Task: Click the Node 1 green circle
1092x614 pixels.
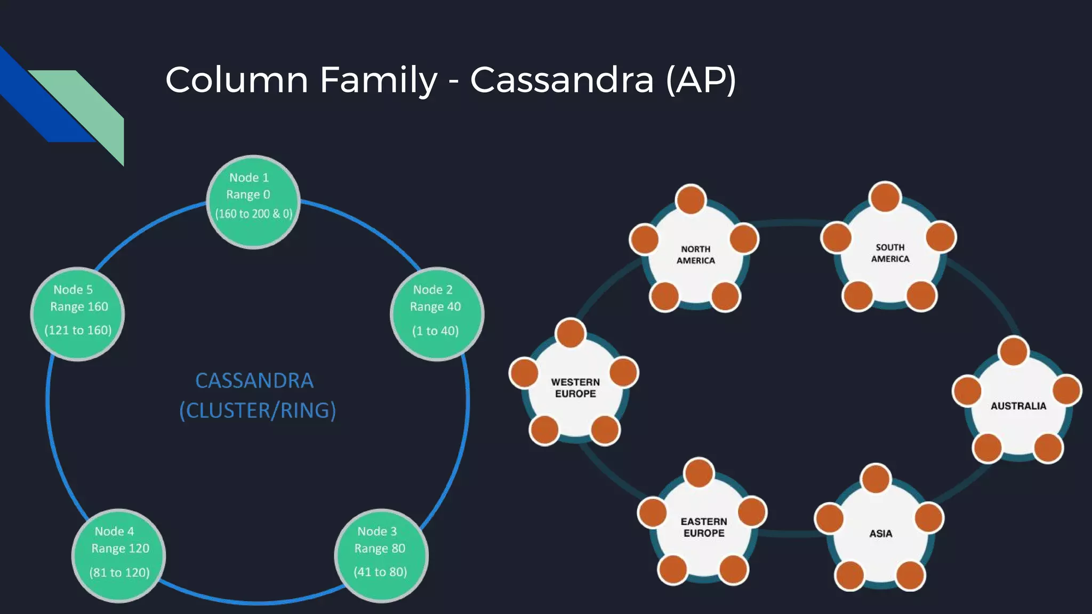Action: point(253,201)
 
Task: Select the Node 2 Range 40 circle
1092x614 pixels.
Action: point(437,313)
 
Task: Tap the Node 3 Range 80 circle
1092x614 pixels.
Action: point(381,555)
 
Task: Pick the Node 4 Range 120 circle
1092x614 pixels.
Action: point(118,555)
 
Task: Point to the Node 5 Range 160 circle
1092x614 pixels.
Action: point(78,313)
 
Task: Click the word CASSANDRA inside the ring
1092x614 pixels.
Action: point(254,381)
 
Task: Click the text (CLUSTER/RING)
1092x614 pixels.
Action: point(258,410)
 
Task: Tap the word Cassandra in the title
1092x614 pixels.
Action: point(561,80)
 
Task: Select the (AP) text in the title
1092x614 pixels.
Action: point(701,80)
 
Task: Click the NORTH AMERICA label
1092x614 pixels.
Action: point(695,255)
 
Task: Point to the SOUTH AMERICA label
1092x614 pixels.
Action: point(890,253)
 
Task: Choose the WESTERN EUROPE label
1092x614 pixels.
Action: point(575,388)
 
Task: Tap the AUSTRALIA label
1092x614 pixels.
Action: point(1018,406)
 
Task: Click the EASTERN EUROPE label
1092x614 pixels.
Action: point(703,527)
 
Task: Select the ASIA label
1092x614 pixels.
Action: point(880,534)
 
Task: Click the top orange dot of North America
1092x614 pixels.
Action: point(690,199)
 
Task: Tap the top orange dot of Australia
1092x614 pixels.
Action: point(1013,351)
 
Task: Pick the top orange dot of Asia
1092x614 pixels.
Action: point(875,478)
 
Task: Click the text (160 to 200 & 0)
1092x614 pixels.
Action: point(253,214)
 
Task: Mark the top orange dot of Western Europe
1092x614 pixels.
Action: point(570,333)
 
